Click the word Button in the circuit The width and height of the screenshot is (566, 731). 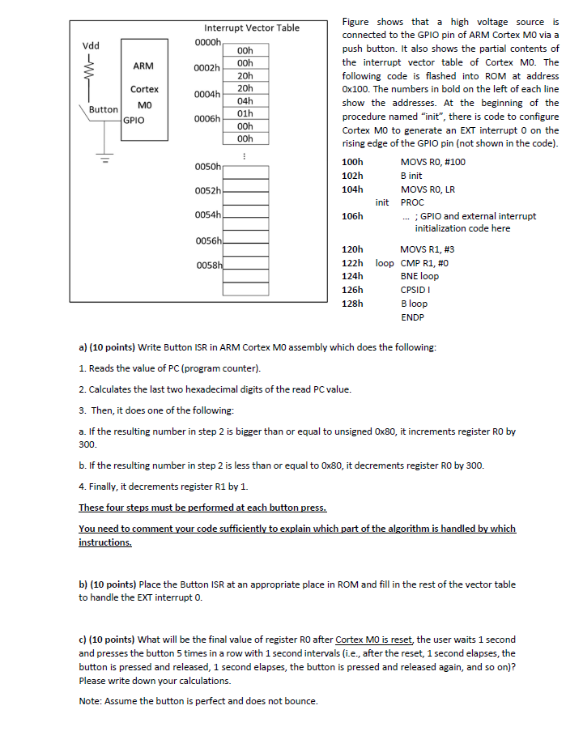[x=103, y=108]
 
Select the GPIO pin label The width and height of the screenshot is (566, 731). [x=134, y=120]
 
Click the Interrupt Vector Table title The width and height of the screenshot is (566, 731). [x=251, y=28]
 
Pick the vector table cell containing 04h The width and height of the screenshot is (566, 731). [x=246, y=101]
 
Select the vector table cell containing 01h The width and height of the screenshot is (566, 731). [x=246, y=113]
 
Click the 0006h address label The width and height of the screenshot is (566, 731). [x=207, y=119]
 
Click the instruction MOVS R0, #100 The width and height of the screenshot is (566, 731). [x=432, y=162]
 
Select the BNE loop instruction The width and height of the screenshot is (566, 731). [x=419, y=276]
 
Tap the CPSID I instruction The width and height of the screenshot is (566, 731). [x=415, y=290]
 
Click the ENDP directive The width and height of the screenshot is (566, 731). [x=412, y=317]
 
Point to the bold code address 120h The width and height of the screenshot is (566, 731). [x=353, y=250]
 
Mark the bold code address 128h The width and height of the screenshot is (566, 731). [x=353, y=304]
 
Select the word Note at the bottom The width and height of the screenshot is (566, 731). [x=89, y=701]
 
